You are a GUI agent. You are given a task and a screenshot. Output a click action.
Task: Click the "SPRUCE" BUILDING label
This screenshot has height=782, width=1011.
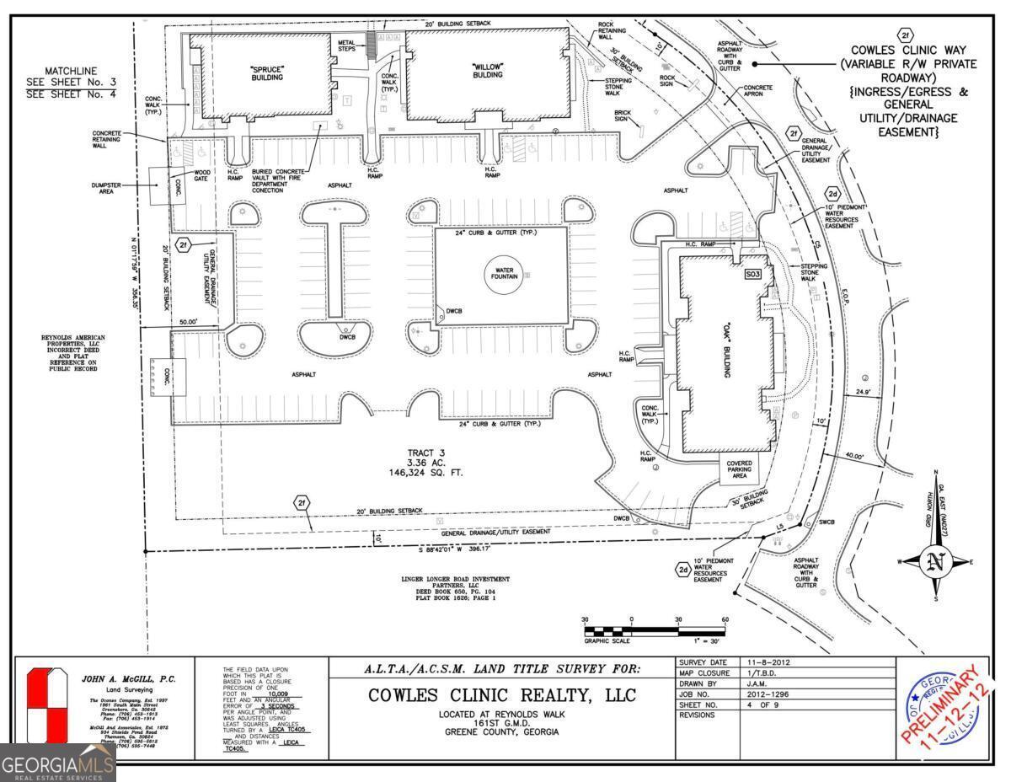(x=266, y=72)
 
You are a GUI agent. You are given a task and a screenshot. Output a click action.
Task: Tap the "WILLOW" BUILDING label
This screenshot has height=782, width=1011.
(x=487, y=69)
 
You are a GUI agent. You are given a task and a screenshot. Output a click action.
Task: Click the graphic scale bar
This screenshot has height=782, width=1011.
(x=655, y=630)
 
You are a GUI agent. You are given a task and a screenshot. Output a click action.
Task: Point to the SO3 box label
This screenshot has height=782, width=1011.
(x=752, y=275)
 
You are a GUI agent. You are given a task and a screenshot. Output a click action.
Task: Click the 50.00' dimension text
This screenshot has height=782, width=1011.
(x=186, y=321)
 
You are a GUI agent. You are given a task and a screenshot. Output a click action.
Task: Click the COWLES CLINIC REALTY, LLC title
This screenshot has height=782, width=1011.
(x=502, y=696)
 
